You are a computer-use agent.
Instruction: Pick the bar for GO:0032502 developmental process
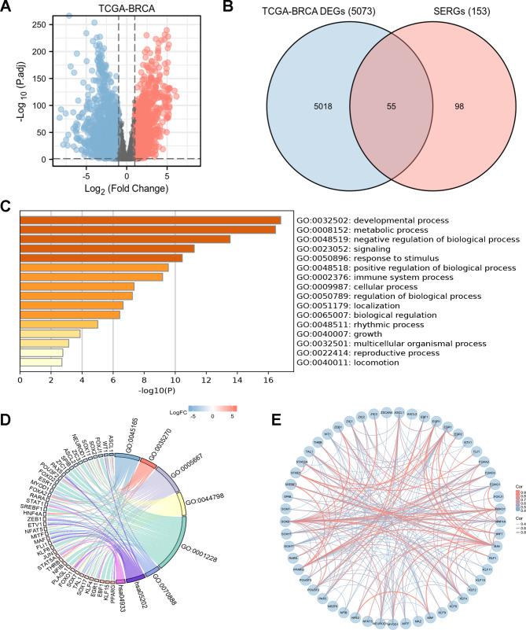[149, 219]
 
